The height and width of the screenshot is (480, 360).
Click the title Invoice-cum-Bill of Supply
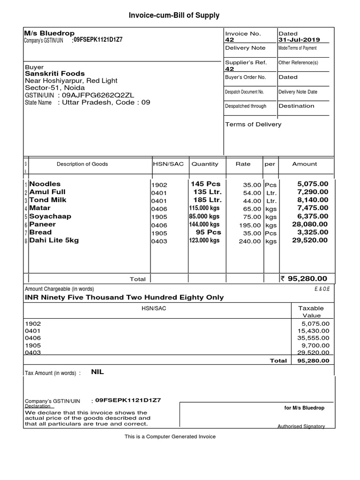[x=174, y=15]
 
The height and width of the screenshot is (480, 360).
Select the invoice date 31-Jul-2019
[x=300, y=40]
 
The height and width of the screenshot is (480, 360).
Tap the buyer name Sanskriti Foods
[x=55, y=74]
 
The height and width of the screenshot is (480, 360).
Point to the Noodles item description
[x=45, y=184]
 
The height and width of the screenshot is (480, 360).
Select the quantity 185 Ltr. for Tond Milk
[x=207, y=200]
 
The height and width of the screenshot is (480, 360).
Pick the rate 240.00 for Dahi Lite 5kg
[x=250, y=241]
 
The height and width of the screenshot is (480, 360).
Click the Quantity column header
[x=205, y=164]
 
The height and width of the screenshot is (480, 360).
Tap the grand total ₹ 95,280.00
[x=307, y=279]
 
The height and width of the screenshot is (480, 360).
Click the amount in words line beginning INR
[x=124, y=298]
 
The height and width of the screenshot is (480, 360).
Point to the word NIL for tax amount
[x=97, y=372]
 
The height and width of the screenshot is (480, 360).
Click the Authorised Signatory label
[x=301, y=427]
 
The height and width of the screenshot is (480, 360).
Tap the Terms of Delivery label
[x=253, y=125]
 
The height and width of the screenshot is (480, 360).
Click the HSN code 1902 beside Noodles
[x=159, y=185]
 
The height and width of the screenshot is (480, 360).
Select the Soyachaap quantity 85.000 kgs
[x=204, y=217]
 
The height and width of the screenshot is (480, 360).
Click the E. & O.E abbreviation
[x=322, y=289]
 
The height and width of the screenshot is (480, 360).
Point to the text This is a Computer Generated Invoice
[x=170, y=437]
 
